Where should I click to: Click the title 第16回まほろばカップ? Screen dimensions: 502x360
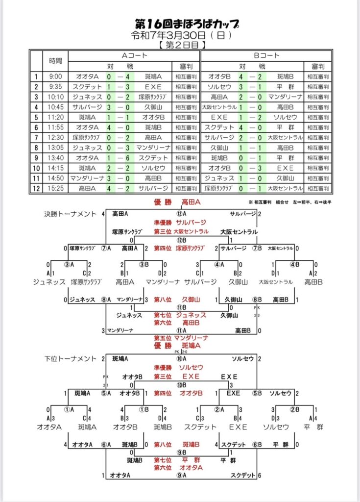pyautogui.click(x=179, y=24)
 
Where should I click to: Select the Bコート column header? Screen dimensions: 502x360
pyautogui.click(x=266, y=55)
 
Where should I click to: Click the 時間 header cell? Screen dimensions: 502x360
pyautogui.click(x=55, y=61)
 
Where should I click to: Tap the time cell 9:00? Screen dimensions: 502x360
pyautogui.click(x=55, y=76)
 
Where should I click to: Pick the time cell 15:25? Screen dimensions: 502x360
pyautogui.click(x=55, y=188)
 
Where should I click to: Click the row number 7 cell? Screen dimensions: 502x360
pyautogui.click(x=36, y=137)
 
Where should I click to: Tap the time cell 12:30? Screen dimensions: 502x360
pyautogui.click(x=55, y=137)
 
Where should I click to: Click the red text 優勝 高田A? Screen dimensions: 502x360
pyautogui.click(x=179, y=202)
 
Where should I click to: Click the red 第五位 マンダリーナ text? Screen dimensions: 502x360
pyautogui.click(x=180, y=338)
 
